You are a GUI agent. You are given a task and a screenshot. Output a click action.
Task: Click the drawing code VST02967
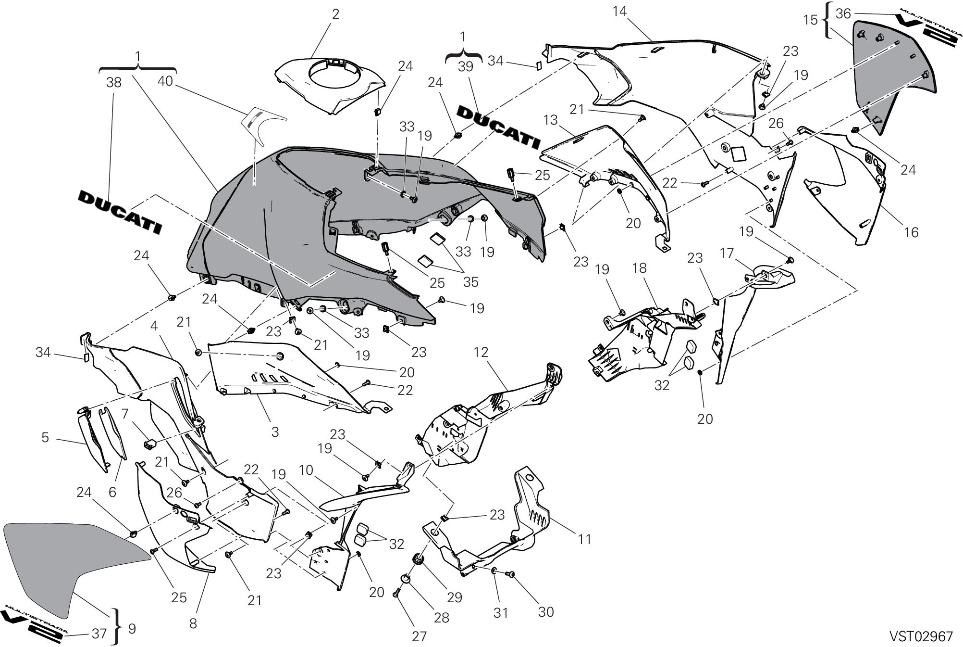click(x=921, y=636)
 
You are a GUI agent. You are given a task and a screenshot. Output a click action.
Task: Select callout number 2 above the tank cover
click(x=335, y=14)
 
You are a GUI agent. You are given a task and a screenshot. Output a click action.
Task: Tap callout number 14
click(x=619, y=11)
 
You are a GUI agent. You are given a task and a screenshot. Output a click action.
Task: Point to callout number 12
click(x=481, y=352)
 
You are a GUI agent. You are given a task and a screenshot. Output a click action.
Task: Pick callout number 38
click(x=114, y=83)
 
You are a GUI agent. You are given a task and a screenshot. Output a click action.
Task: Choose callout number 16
click(x=911, y=232)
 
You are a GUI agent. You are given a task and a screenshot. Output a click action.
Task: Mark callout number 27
click(x=419, y=636)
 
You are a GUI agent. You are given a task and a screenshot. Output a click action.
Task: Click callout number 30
click(x=546, y=612)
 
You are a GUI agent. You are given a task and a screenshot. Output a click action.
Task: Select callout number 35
click(x=471, y=282)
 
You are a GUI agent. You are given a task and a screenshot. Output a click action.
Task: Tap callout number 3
click(x=275, y=432)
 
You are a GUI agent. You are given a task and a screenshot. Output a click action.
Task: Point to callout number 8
click(x=193, y=623)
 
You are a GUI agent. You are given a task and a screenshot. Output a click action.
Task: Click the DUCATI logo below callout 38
click(x=120, y=212)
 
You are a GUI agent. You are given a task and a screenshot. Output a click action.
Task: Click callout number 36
click(x=843, y=13)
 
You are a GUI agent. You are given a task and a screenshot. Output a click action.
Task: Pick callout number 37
click(x=99, y=634)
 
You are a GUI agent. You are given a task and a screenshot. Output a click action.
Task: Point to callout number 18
click(x=640, y=268)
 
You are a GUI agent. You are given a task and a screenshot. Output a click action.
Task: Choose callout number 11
click(x=584, y=539)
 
